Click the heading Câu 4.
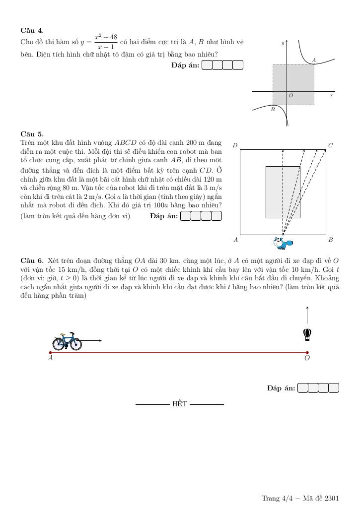[x=32, y=30]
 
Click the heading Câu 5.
[x=32, y=133]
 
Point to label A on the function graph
[x=314, y=61]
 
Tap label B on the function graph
[x=273, y=109]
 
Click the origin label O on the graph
[x=291, y=95]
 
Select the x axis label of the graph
[x=331, y=95]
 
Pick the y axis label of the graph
[x=283, y=43]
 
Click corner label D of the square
[x=235, y=145]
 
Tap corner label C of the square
[x=330, y=145]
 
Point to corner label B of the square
[x=330, y=240]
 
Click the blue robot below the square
[x=283, y=243]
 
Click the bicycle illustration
[x=67, y=342]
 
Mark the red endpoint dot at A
[x=50, y=353]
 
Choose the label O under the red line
[x=307, y=358]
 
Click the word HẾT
[x=180, y=404]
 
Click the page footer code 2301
[x=332, y=498]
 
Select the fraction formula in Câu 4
[x=106, y=42]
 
